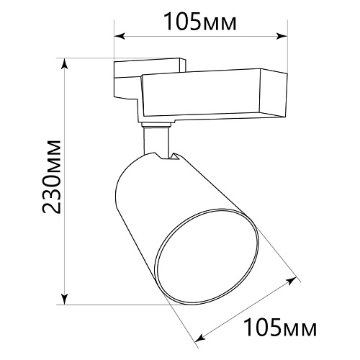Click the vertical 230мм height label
coord(52,176)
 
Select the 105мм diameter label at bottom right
coord(280,327)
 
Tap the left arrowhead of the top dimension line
coord(120,37)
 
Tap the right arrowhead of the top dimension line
coord(282,37)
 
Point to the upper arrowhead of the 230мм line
coord(64,64)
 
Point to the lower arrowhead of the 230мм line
coord(64,299)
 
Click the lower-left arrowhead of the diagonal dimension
coord(200,338)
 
